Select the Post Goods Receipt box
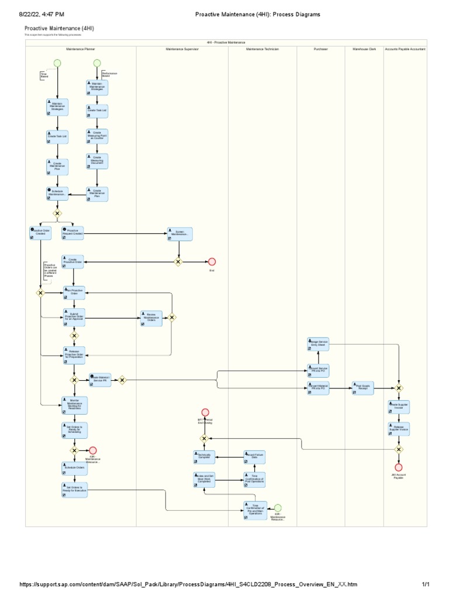[x=362, y=387]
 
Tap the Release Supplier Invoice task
[x=399, y=429]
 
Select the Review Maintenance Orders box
[x=151, y=318]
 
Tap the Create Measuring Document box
[x=96, y=161]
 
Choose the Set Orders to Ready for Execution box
[x=74, y=490]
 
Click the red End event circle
[x=212, y=262]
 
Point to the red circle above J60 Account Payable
[x=399, y=467]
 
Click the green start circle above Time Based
[x=57, y=63]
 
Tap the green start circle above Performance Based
[x=97, y=63]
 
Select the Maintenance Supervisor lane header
[x=182, y=49]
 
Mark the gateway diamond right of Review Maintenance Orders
[x=172, y=318]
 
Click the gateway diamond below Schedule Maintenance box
[x=57, y=214]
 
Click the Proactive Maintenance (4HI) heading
[x=58, y=28]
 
